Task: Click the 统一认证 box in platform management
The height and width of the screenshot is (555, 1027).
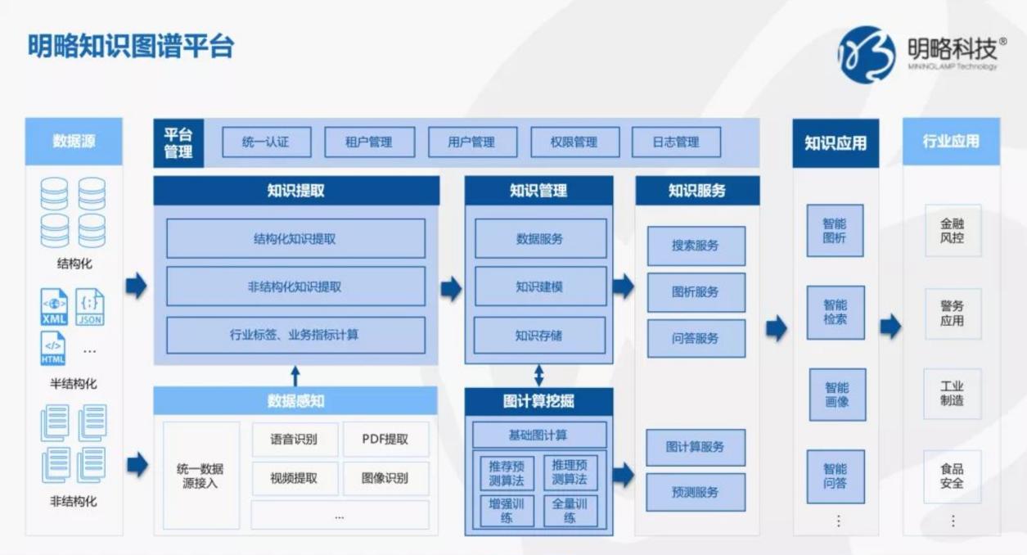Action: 267,142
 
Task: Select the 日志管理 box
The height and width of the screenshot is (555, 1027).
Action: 676,142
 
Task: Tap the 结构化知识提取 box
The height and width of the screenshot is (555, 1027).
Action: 295,238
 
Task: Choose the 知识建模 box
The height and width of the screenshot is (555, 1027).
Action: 541,287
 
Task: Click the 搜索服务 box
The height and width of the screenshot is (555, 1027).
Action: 696,246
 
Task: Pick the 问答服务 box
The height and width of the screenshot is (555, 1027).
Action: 696,339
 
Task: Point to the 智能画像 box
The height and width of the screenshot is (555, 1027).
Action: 837,395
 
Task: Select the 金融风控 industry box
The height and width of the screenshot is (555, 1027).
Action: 953,230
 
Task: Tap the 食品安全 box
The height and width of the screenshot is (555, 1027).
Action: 953,476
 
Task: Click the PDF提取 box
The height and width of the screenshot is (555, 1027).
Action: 385,439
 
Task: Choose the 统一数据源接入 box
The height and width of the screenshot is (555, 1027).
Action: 200,476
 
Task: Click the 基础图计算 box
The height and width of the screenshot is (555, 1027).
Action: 539,435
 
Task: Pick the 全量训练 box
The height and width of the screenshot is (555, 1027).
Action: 570,511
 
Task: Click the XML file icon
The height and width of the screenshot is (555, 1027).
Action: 54,307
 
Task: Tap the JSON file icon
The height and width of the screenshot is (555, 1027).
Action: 90,307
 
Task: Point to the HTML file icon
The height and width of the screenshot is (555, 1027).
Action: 52,348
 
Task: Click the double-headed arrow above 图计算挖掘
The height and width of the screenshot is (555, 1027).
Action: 539,375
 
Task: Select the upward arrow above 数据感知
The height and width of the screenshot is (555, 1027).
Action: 295,376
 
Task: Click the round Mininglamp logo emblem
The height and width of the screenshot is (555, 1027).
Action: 867,55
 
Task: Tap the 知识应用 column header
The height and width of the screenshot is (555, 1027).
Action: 836,143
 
